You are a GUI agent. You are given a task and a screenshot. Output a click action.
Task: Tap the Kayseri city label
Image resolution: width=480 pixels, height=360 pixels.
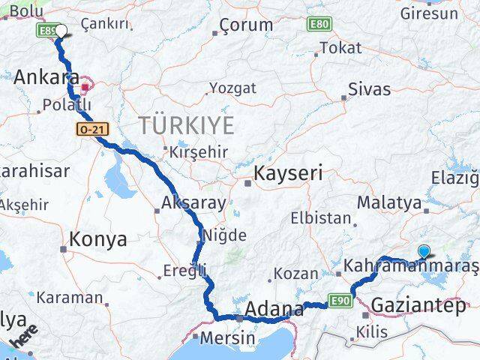pos(288,174)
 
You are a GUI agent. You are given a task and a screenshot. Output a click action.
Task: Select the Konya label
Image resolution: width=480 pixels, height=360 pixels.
pos(97,240)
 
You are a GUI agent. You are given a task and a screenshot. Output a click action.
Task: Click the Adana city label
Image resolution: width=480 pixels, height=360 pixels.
pos(274,309)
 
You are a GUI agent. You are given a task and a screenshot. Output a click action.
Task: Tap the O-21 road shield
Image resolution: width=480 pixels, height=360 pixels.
pos(85,130)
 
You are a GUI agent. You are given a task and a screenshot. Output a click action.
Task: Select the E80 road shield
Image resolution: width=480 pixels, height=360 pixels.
pos(317,25)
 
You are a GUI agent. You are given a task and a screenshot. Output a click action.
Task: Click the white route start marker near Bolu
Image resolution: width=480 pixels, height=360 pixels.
pos(61,31)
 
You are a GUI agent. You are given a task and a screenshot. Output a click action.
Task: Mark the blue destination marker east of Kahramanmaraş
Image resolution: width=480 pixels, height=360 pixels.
pos(424,253)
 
